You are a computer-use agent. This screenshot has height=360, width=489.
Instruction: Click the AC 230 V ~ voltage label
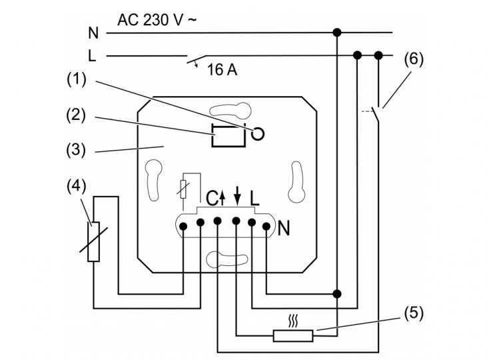[x=157, y=20]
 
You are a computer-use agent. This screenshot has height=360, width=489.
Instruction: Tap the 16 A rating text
[x=222, y=69]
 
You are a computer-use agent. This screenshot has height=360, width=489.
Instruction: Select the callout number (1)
[x=77, y=79]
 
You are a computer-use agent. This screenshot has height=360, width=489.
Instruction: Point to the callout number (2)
[x=76, y=115]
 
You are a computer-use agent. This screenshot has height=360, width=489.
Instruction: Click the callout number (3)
[x=76, y=150]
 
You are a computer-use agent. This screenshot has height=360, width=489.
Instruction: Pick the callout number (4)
[x=77, y=186]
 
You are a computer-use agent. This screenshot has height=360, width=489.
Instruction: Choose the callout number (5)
[x=414, y=313]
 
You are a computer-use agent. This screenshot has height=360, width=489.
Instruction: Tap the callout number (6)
[x=414, y=59]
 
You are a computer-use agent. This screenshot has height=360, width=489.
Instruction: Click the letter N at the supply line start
[x=93, y=33]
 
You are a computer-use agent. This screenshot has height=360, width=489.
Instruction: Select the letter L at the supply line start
[x=92, y=56]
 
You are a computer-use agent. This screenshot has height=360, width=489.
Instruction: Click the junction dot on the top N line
[x=337, y=32]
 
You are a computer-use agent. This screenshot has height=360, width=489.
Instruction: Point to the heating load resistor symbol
[x=293, y=336]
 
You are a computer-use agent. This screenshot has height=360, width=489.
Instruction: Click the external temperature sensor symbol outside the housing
[x=93, y=241]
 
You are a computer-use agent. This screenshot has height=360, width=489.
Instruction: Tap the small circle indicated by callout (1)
[x=258, y=134]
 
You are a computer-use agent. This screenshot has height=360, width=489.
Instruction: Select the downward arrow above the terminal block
[x=238, y=196]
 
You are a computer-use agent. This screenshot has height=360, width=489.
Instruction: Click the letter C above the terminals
[x=212, y=198]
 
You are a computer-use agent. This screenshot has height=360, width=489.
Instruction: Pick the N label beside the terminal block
[x=284, y=228]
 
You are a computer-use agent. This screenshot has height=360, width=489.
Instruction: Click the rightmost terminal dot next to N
[x=266, y=226]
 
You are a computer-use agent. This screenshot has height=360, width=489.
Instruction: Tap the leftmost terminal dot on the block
[x=183, y=226]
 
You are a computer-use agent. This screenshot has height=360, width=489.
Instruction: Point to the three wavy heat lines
[x=293, y=321]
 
